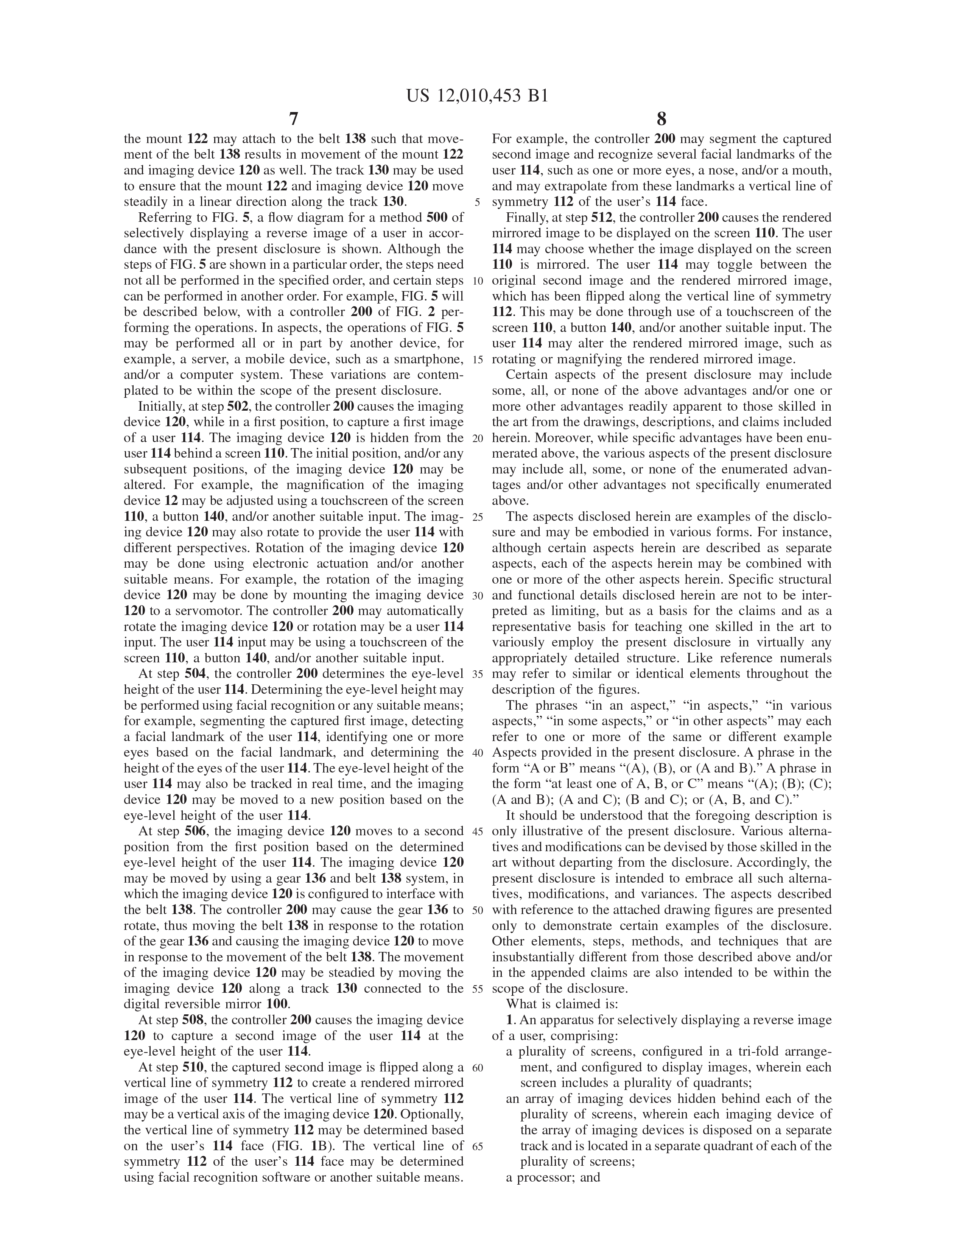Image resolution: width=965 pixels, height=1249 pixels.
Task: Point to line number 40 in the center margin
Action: point(478,752)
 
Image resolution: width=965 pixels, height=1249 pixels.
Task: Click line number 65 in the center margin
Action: point(478,1146)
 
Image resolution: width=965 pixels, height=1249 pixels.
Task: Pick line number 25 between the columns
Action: point(478,517)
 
